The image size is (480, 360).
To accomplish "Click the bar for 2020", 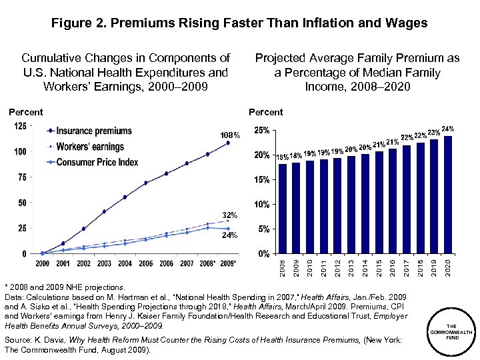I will (447, 195).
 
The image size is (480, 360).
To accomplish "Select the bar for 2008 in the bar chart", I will (283, 209).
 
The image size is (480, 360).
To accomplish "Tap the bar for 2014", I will (365, 203).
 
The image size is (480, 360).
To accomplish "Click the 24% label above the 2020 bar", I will (448, 128).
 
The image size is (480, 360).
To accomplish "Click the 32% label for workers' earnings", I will (230, 215).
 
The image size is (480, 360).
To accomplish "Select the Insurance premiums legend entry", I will (94, 131).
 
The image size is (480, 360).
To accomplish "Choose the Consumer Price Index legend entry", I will (97, 162).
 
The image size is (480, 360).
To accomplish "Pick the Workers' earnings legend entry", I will (90, 147).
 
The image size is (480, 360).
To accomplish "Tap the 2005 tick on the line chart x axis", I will (145, 263).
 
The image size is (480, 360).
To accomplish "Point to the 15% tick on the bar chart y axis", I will (262, 180).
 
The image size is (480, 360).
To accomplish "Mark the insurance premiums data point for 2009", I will (228, 143).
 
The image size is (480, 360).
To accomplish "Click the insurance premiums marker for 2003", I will (104, 211).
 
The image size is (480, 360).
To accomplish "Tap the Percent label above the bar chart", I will (265, 112).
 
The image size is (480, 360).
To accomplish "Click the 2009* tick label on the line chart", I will (229, 263).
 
